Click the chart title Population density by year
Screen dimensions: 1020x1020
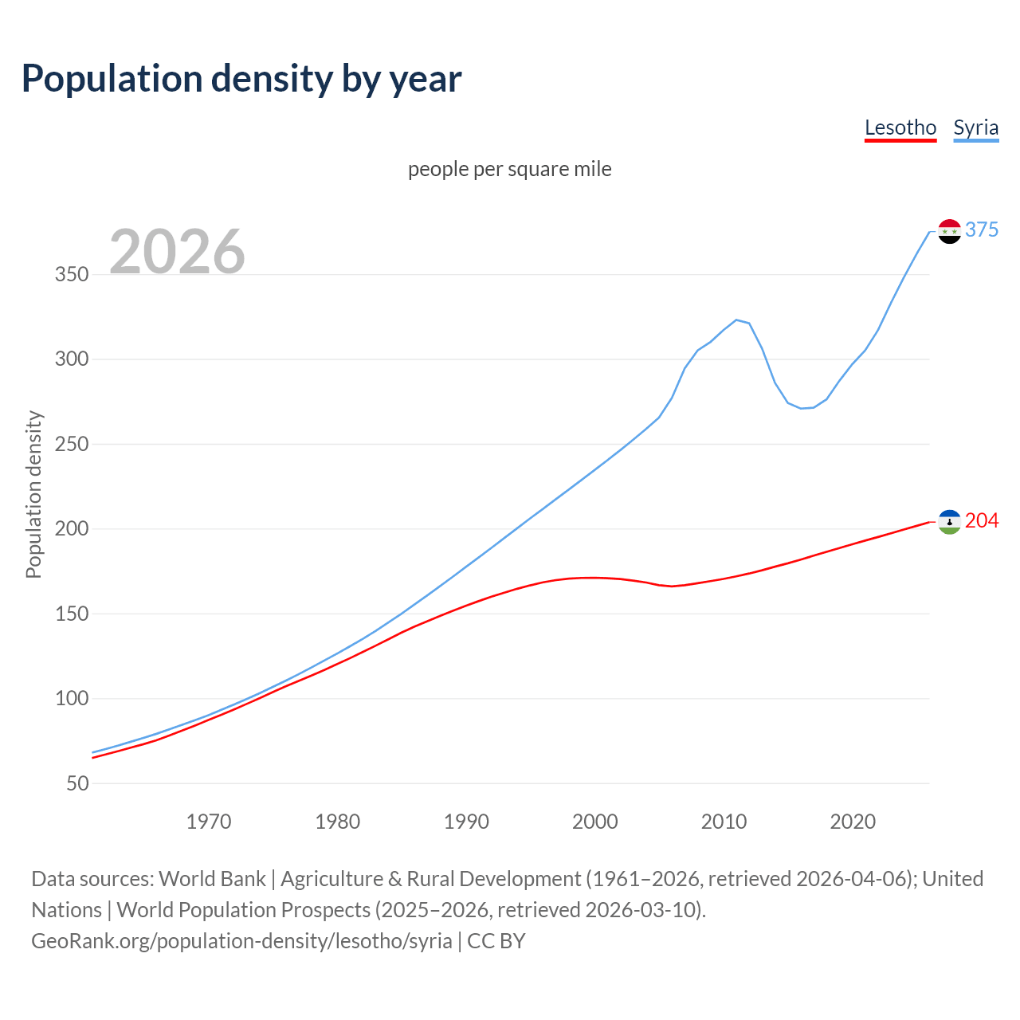pos(241,79)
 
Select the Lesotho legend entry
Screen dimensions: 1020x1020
pos(900,127)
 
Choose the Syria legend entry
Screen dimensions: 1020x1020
pos(975,127)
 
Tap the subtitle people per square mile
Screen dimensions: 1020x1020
pos(510,169)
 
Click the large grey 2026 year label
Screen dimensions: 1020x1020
pos(177,252)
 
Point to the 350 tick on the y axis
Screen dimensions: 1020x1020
pos(72,275)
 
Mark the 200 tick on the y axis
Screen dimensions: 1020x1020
pos(72,529)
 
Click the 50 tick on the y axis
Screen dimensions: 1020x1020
pos(77,783)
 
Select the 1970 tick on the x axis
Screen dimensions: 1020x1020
pos(209,822)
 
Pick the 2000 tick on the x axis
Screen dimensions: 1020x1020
pos(595,822)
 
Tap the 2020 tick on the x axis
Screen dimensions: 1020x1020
pos(853,822)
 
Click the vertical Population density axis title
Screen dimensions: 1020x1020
pos(33,494)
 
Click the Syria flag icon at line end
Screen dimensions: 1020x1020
pos(949,231)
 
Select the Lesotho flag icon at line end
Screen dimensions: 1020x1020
pos(949,522)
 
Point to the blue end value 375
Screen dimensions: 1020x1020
pos(982,229)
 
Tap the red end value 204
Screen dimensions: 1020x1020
pos(982,520)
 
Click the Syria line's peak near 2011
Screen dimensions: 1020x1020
pos(736,320)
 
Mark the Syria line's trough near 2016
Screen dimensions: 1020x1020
pos(802,408)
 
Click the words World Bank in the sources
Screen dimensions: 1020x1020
pos(212,879)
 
